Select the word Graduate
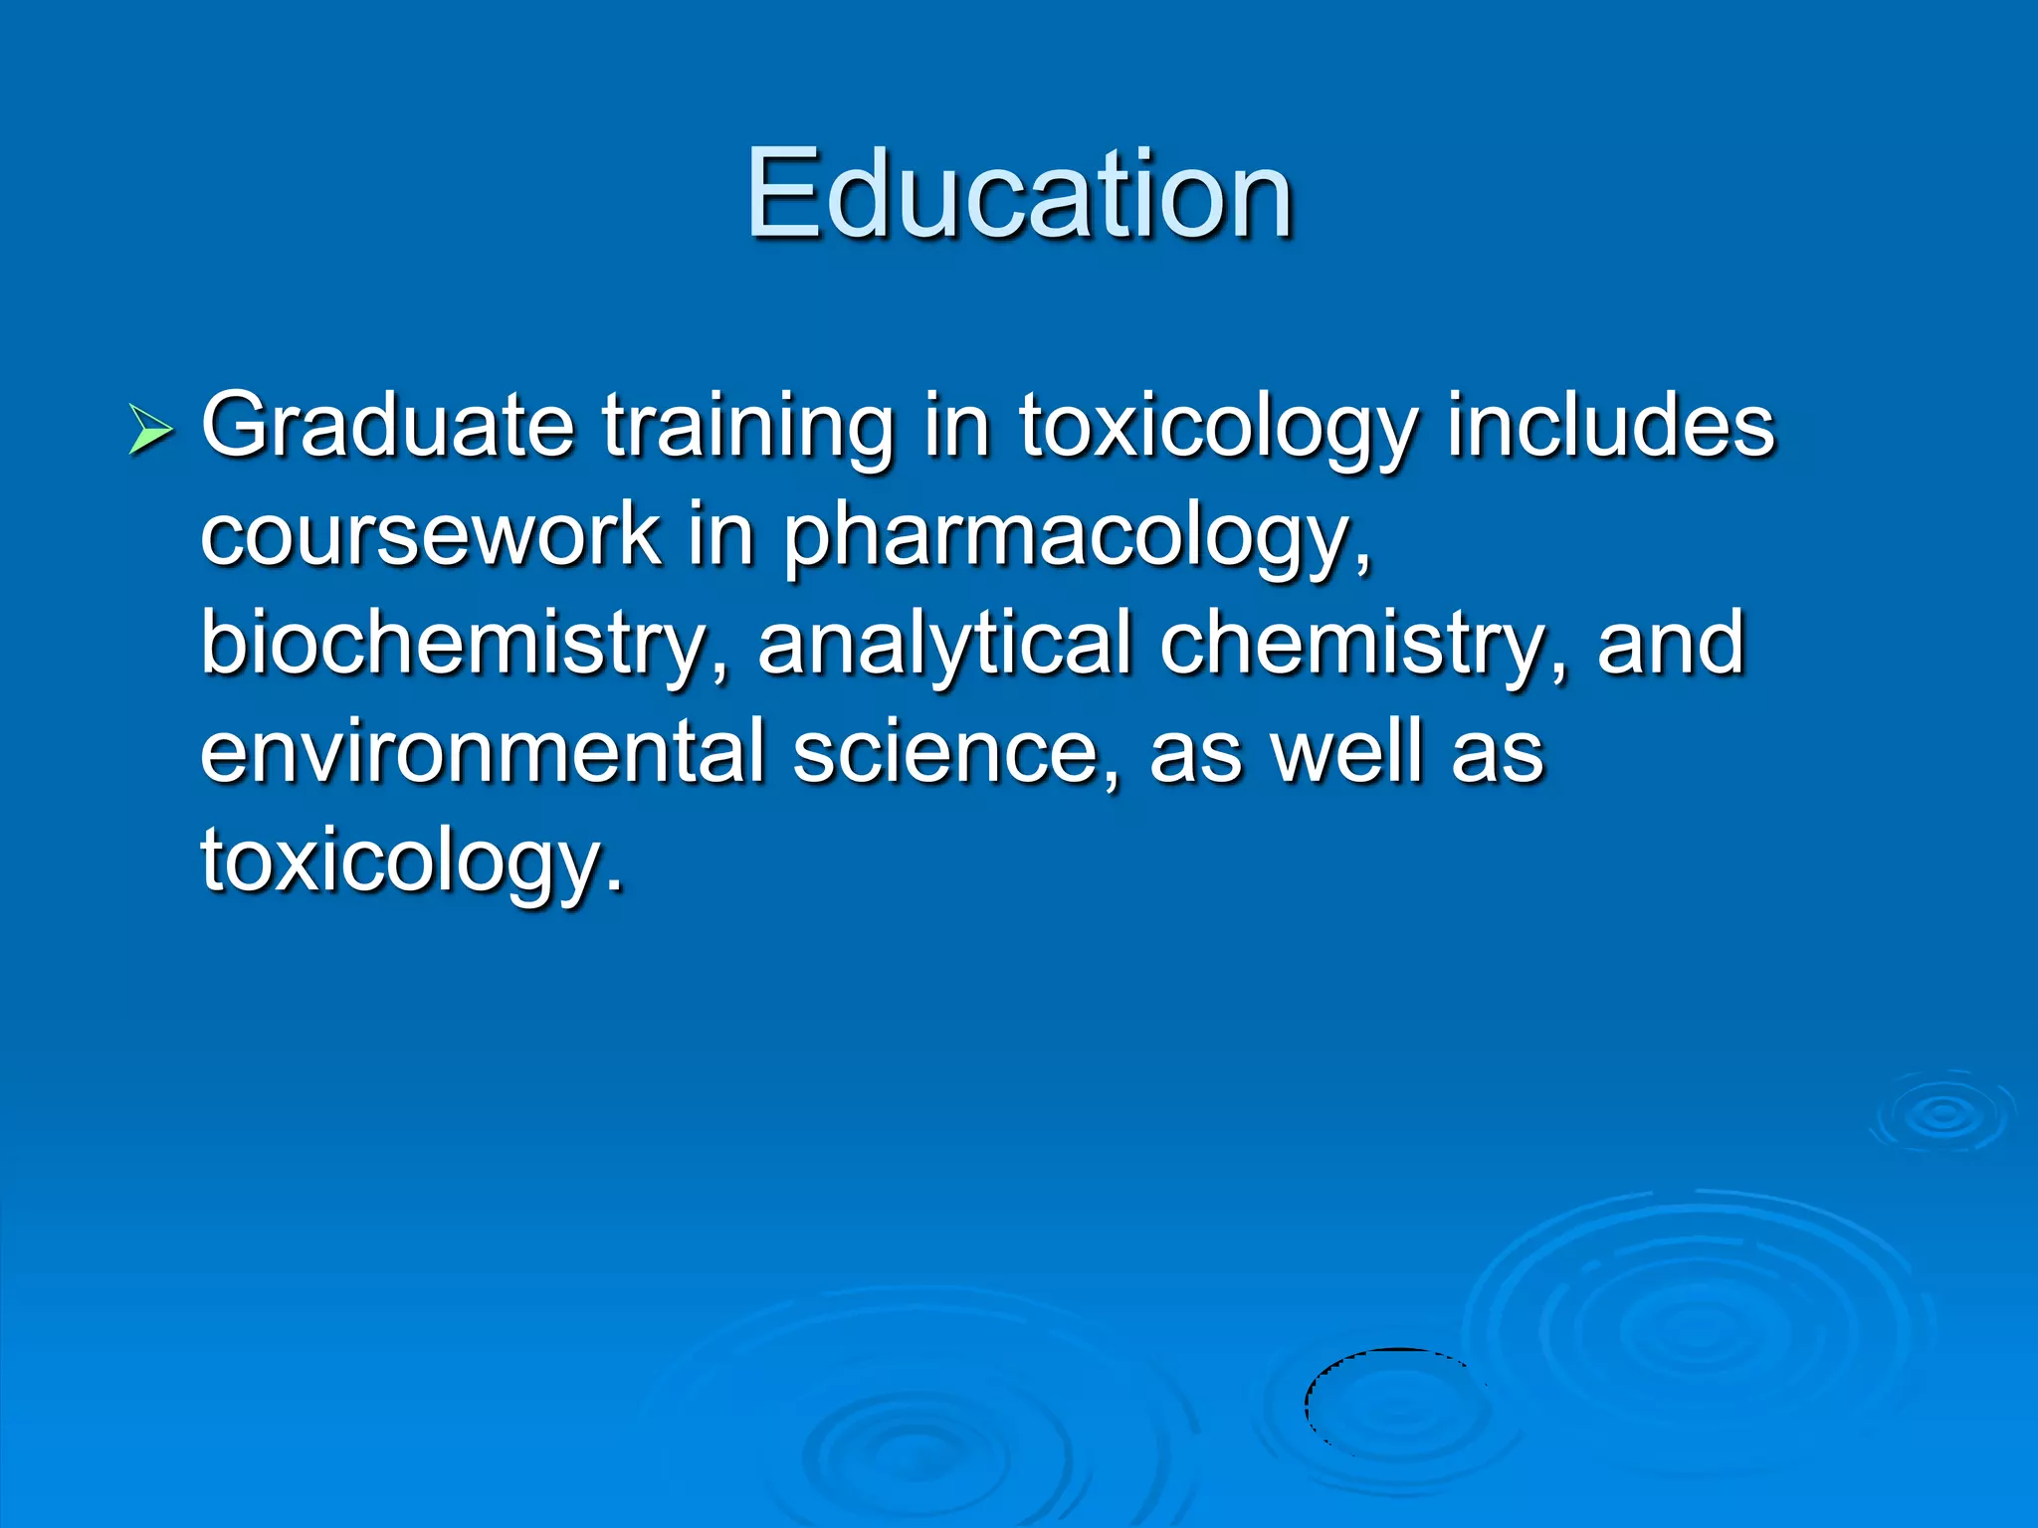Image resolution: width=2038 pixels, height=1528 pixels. point(388,426)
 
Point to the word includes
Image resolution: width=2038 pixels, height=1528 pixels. point(1610,426)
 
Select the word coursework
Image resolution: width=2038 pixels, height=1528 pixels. point(430,535)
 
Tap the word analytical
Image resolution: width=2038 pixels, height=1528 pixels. point(943,645)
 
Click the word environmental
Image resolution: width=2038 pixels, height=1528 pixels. point(482,752)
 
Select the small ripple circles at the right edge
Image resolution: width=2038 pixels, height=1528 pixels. point(1942,1114)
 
